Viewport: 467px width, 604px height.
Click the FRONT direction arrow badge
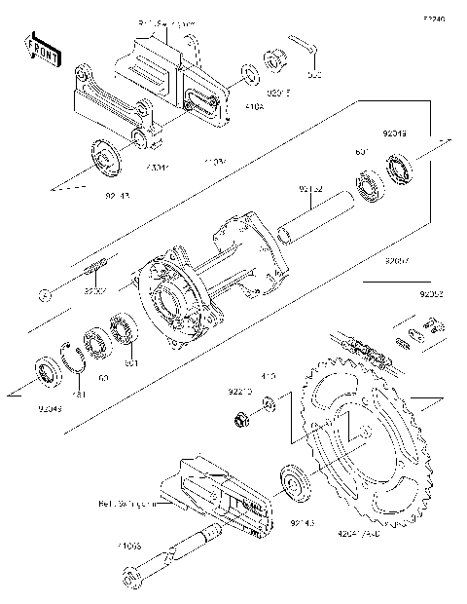point(40,49)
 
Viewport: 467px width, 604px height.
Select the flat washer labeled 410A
point(249,73)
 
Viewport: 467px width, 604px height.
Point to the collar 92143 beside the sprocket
point(293,484)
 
